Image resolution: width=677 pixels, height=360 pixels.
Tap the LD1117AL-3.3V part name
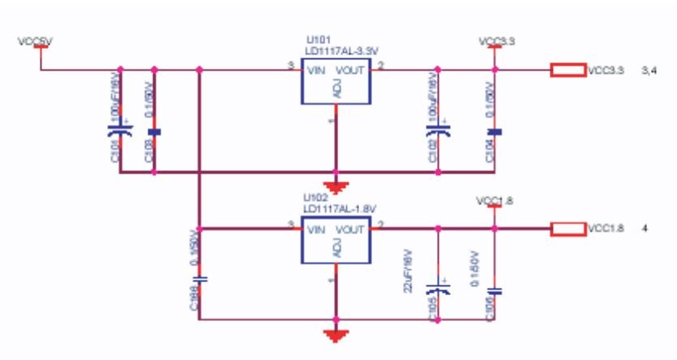tap(334, 51)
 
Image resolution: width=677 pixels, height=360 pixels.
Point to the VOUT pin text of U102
tap(350, 230)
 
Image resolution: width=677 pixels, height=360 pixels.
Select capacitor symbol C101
tap(120, 129)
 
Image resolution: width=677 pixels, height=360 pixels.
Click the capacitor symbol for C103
tap(154, 131)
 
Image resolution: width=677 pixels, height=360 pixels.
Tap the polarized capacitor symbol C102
tap(439, 130)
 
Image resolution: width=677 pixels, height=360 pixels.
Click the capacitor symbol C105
tap(439, 288)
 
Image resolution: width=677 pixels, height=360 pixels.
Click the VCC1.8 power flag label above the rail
tap(494, 199)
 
